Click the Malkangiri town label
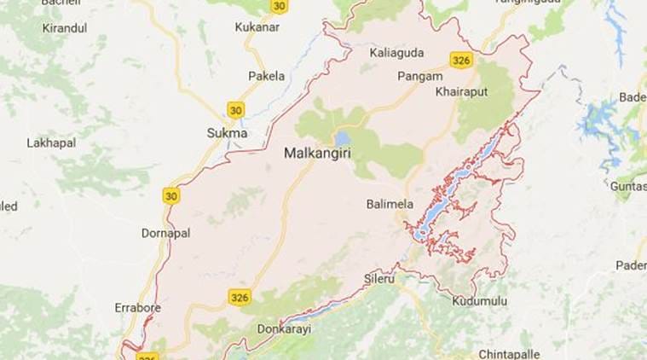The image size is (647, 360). click(316, 154)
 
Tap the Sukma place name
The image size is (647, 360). click(227, 133)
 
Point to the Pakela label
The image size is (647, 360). click(266, 76)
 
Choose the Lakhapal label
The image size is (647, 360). click(50, 144)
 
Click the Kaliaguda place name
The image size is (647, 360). click(396, 53)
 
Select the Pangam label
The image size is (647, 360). click(418, 76)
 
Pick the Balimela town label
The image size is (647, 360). click(390, 204)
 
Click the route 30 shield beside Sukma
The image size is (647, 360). click(235, 109)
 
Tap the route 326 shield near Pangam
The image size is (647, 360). click(461, 60)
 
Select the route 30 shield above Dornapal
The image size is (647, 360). click(171, 195)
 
